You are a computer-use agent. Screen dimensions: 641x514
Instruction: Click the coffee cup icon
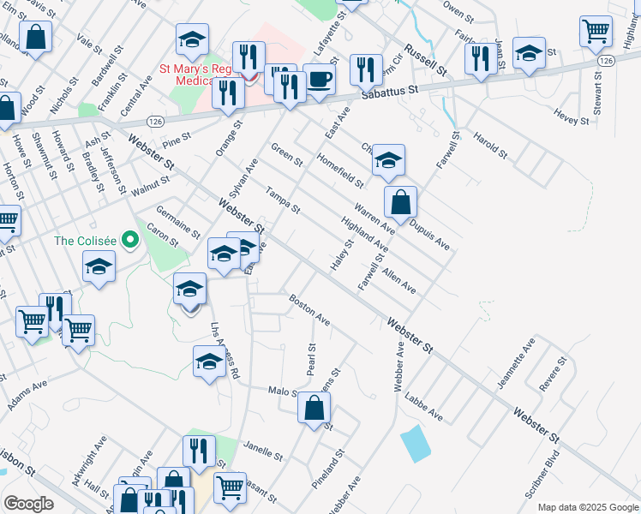(x=319, y=80)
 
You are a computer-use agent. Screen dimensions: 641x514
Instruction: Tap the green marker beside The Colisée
(x=130, y=240)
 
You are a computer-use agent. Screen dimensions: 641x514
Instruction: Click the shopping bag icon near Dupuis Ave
(x=400, y=203)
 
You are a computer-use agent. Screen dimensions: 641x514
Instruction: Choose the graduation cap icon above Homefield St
(x=388, y=160)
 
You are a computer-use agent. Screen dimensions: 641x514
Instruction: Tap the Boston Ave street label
(x=309, y=309)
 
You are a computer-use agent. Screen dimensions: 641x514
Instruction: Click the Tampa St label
(x=282, y=200)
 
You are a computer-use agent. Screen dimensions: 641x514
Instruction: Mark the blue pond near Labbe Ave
(x=415, y=443)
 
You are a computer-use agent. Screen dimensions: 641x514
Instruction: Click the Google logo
(x=28, y=503)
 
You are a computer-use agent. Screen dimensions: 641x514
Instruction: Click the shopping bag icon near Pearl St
(x=315, y=409)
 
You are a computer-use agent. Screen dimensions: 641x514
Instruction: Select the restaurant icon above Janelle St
(x=199, y=452)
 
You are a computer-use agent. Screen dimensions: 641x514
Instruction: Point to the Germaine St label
(x=177, y=222)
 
